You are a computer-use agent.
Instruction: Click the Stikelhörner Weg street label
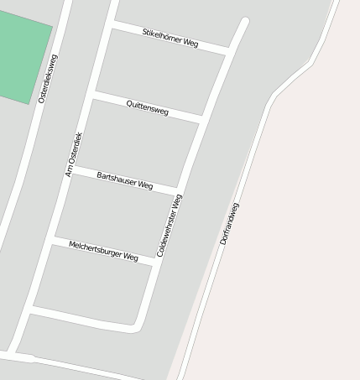pos(170,37)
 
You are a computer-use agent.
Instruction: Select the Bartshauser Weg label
pos(125,180)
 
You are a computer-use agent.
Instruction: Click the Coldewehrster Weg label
pos(170,225)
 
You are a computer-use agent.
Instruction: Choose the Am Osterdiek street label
pos(74,154)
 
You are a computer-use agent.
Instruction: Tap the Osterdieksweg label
pos(48,79)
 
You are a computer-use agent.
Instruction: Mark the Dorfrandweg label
pos(230,223)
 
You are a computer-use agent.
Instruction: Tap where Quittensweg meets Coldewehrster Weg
pos(201,118)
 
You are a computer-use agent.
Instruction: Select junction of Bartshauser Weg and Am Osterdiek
pos(73,169)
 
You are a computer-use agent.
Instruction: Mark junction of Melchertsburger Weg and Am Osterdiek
pos(53,241)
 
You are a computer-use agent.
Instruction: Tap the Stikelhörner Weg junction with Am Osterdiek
pos(111,25)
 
